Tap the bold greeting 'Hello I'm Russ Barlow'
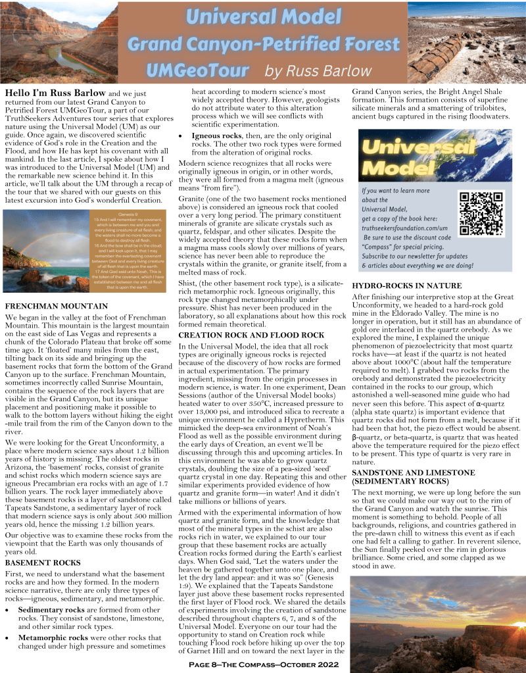(53, 93)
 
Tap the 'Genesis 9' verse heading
(128, 214)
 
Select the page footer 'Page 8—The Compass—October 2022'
(264, 666)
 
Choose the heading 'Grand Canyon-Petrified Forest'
(263, 45)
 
